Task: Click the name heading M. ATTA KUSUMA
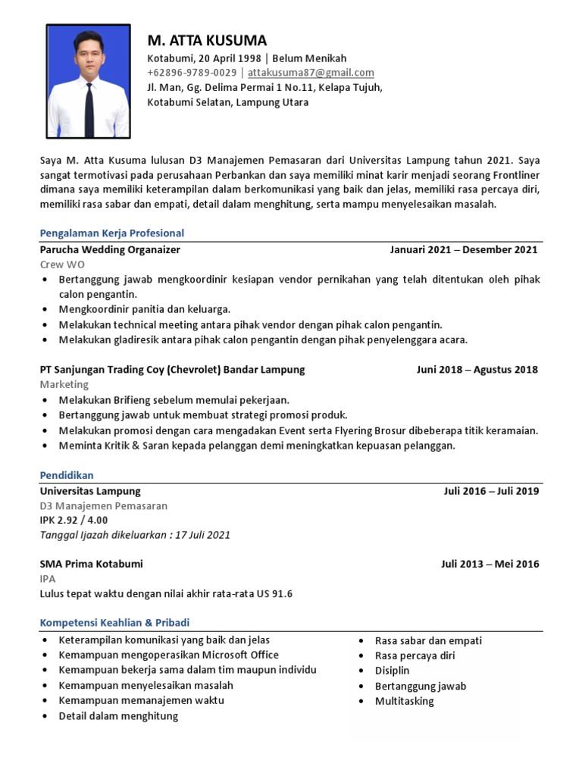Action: coord(207,40)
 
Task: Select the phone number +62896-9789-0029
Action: coord(192,73)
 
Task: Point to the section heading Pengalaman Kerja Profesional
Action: coord(111,233)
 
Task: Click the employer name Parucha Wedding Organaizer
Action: coord(110,249)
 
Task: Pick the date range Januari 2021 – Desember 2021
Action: coord(464,249)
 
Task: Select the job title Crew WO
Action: coord(62,264)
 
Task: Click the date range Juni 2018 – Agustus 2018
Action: coord(477,370)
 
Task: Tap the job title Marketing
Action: coord(64,384)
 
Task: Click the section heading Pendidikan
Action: coord(67,475)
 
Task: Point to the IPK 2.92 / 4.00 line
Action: coord(74,520)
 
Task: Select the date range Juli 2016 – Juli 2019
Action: coord(491,491)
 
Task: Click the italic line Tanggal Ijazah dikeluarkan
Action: coord(135,535)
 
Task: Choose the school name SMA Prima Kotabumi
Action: coord(91,565)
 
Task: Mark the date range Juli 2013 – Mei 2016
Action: coord(490,565)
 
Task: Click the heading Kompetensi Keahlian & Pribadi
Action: coord(114,623)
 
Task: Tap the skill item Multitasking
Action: coord(404,701)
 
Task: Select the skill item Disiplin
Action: coord(392,671)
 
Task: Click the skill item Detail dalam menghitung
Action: coord(118,715)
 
